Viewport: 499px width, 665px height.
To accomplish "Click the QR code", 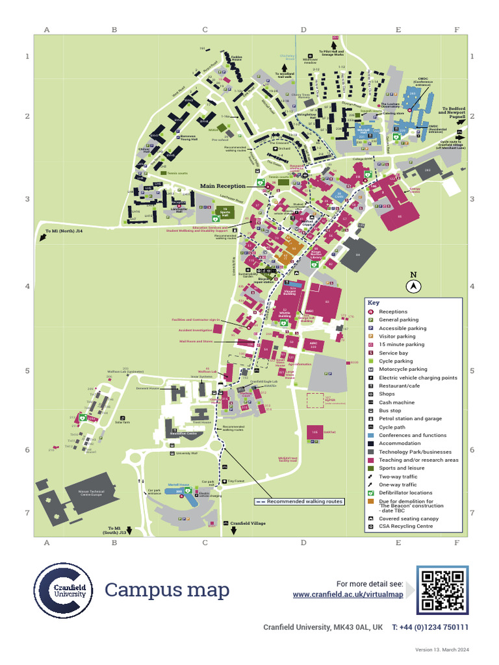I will (x=442, y=590).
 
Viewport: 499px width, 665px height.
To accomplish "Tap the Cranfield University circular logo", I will (x=63, y=590).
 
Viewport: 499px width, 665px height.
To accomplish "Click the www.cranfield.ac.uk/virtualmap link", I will (x=348, y=594).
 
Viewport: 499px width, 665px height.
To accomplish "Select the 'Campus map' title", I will (x=167, y=590).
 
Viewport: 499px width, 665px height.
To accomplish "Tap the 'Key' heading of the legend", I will (x=373, y=303).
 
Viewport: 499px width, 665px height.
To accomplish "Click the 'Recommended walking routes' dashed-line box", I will (x=299, y=501).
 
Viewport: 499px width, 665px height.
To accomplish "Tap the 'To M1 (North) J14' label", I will (x=64, y=231).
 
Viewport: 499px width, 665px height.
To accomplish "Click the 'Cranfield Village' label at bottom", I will (x=249, y=523).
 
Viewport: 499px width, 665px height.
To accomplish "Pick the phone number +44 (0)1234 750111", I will (x=429, y=627).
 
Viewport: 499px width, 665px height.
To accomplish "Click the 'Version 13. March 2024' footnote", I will (x=442, y=650).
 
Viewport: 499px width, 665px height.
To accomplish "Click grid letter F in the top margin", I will (x=457, y=30).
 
